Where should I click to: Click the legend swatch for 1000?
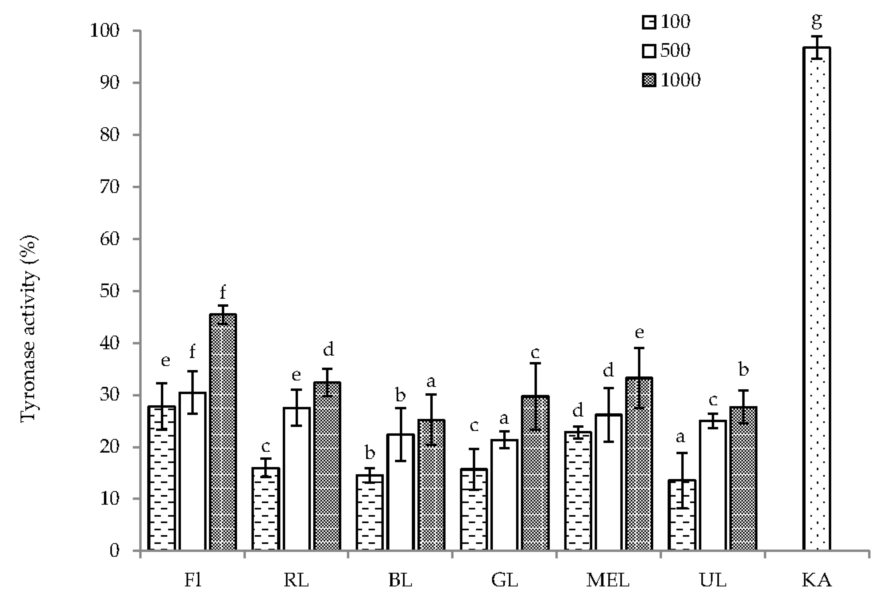[649, 80]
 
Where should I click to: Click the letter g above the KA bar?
[817, 21]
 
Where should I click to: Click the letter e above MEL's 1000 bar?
[639, 332]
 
